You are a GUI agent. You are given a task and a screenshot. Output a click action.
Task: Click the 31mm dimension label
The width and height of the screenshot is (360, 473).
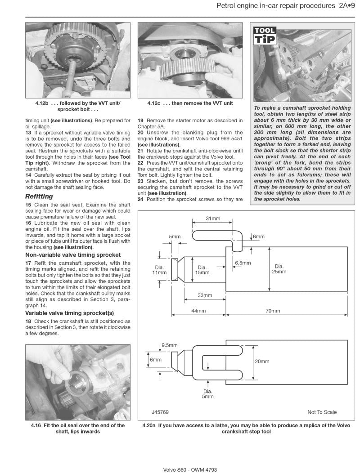213,219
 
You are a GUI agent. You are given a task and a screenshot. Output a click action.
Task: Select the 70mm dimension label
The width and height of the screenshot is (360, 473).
272,311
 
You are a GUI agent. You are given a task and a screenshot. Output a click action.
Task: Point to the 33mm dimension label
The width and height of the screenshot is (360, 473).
205,295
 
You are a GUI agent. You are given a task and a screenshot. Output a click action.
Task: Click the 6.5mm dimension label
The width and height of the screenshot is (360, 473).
243,263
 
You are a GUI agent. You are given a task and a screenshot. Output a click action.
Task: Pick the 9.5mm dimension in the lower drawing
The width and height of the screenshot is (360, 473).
169,345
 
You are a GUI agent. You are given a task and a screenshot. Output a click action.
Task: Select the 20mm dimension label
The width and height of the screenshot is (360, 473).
262,361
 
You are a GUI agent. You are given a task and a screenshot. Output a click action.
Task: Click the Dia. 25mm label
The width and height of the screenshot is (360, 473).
279,269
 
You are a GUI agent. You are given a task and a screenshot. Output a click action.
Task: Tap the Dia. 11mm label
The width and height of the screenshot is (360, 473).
159,270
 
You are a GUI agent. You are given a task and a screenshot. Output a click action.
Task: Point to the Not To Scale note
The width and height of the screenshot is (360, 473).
322,412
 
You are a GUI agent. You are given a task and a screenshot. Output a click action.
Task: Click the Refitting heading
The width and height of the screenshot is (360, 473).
39,196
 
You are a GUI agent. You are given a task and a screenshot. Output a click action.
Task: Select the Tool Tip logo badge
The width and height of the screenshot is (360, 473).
264,36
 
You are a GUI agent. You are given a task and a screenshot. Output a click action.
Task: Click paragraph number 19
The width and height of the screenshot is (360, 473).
140,120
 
